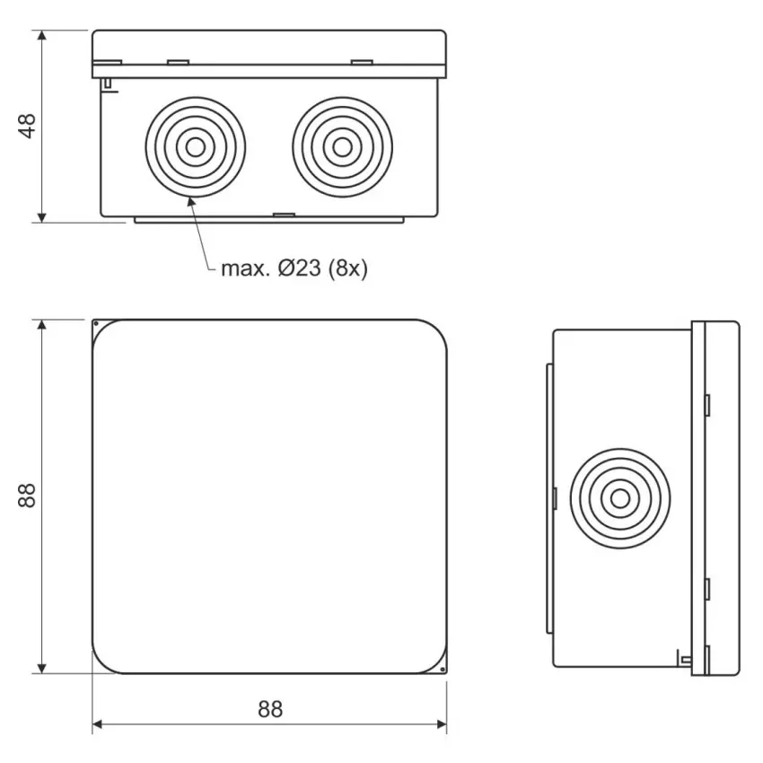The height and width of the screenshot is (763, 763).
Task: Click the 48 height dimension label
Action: coord(27,126)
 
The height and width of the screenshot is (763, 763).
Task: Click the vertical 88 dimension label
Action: coord(27,496)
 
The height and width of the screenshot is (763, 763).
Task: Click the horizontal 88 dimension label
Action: coord(270,709)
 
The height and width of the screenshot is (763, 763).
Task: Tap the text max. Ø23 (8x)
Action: coord(294,268)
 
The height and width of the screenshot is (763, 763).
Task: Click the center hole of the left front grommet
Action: coord(196,147)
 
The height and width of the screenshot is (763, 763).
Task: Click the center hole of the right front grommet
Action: coord(343,147)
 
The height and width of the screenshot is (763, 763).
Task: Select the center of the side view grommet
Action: coord(620,498)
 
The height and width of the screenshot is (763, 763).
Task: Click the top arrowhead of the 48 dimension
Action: coord(42,36)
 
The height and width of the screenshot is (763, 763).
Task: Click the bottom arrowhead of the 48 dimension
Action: coord(42,217)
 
